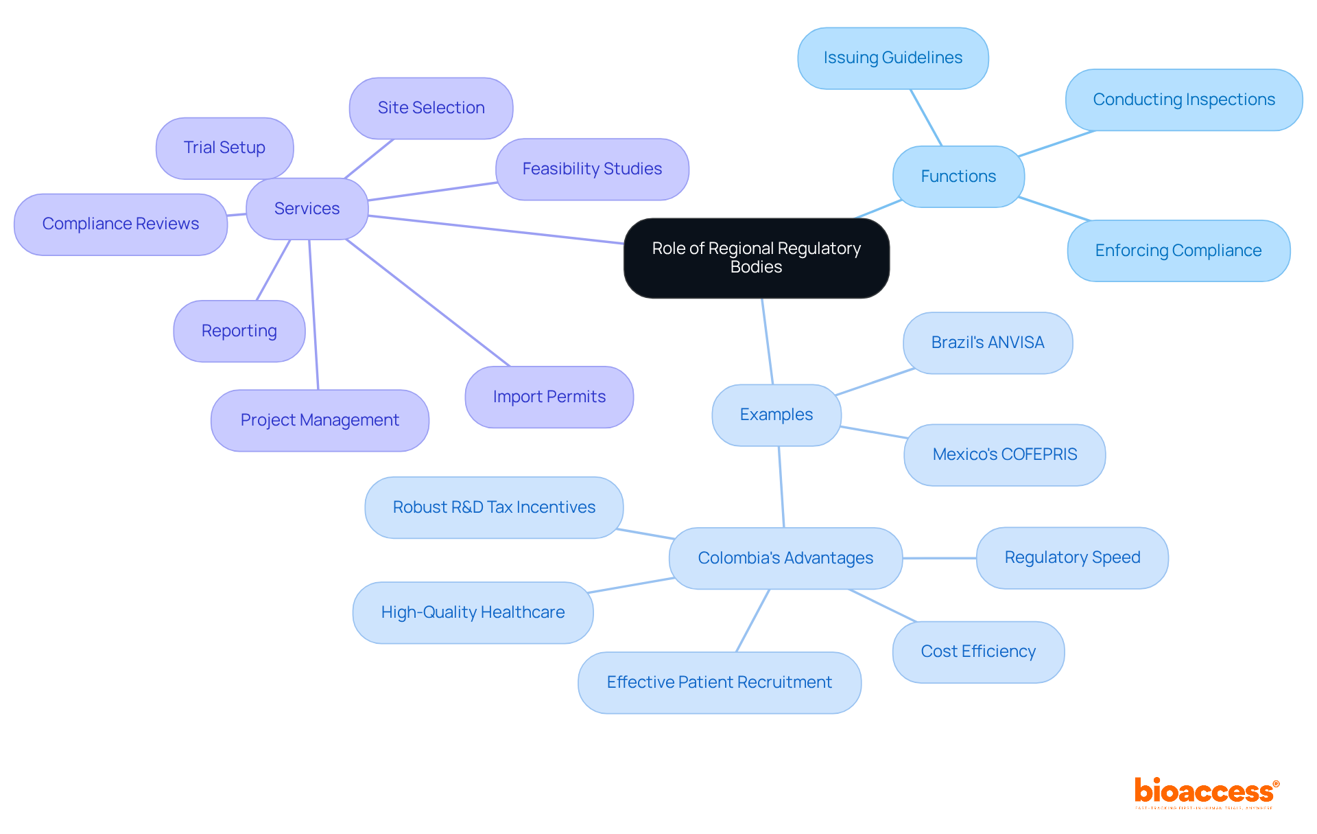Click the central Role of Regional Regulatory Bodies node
pyautogui.click(x=756, y=257)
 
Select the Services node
pyautogui.click(x=307, y=209)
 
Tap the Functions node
pyautogui.click(x=958, y=176)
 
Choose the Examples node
pyautogui.click(x=776, y=415)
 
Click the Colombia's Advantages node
pyautogui.click(x=785, y=558)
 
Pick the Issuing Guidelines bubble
pyautogui.click(x=892, y=58)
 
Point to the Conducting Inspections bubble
pyautogui.click(x=1183, y=100)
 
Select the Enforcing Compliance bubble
pyautogui.click(x=1178, y=251)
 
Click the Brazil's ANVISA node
pyautogui.click(x=987, y=343)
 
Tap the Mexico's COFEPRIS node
pyautogui.click(x=1004, y=454)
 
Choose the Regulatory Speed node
pyautogui.click(x=1072, y=557)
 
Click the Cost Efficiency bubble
pyautogui.click(x=978, y=651)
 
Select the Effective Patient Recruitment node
pyautogui.click(x=719, y=682)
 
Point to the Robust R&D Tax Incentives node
pyautogui.click(x=494, y=507)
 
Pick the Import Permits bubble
pyautogui.click(x=549, y=397)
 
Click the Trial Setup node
pyautogui.click(x=224, y=148)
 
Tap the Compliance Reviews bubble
pyautogui.click(x=120, y=224)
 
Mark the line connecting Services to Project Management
pyautogui.click(x=313, y=316)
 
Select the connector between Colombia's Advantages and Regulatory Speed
pyautogui.click(x=939, y=558)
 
